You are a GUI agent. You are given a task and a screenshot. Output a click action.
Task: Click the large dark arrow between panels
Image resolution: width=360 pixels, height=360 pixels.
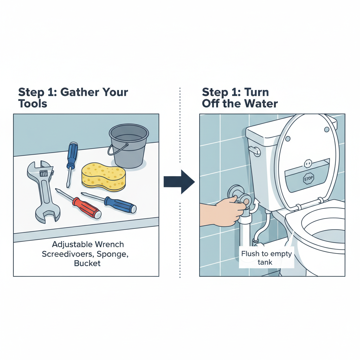(179, 182)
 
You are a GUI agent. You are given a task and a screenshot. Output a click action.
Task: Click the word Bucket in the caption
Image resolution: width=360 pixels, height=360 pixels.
(87, 263)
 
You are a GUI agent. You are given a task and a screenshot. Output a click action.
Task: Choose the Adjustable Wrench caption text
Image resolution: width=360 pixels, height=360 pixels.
(88, 244)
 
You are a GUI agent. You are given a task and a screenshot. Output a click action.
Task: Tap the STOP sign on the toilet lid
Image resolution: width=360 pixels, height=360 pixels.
(308, 179)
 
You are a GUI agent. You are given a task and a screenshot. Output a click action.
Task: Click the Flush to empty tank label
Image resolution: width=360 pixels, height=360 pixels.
(266, 258)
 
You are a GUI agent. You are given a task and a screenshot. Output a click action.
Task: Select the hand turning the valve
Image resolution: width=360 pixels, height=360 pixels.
(220, 211)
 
